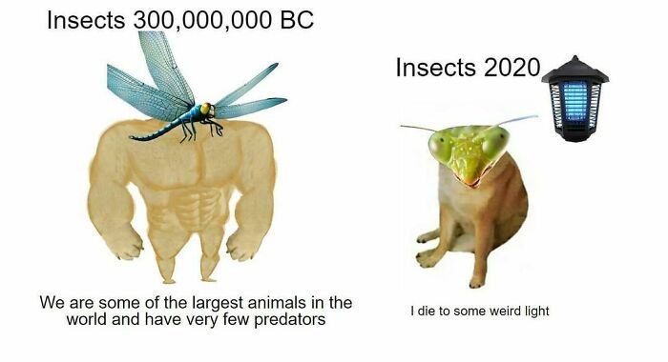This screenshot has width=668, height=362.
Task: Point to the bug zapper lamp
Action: (x=574, y=98)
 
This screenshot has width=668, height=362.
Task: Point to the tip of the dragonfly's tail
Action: (x=133, y=139)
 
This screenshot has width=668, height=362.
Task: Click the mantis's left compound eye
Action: (x=442, y=147)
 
